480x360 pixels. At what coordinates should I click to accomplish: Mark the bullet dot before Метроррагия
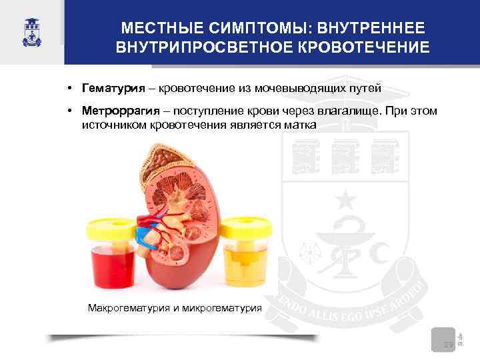69,111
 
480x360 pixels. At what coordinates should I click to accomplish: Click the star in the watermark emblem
345,199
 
